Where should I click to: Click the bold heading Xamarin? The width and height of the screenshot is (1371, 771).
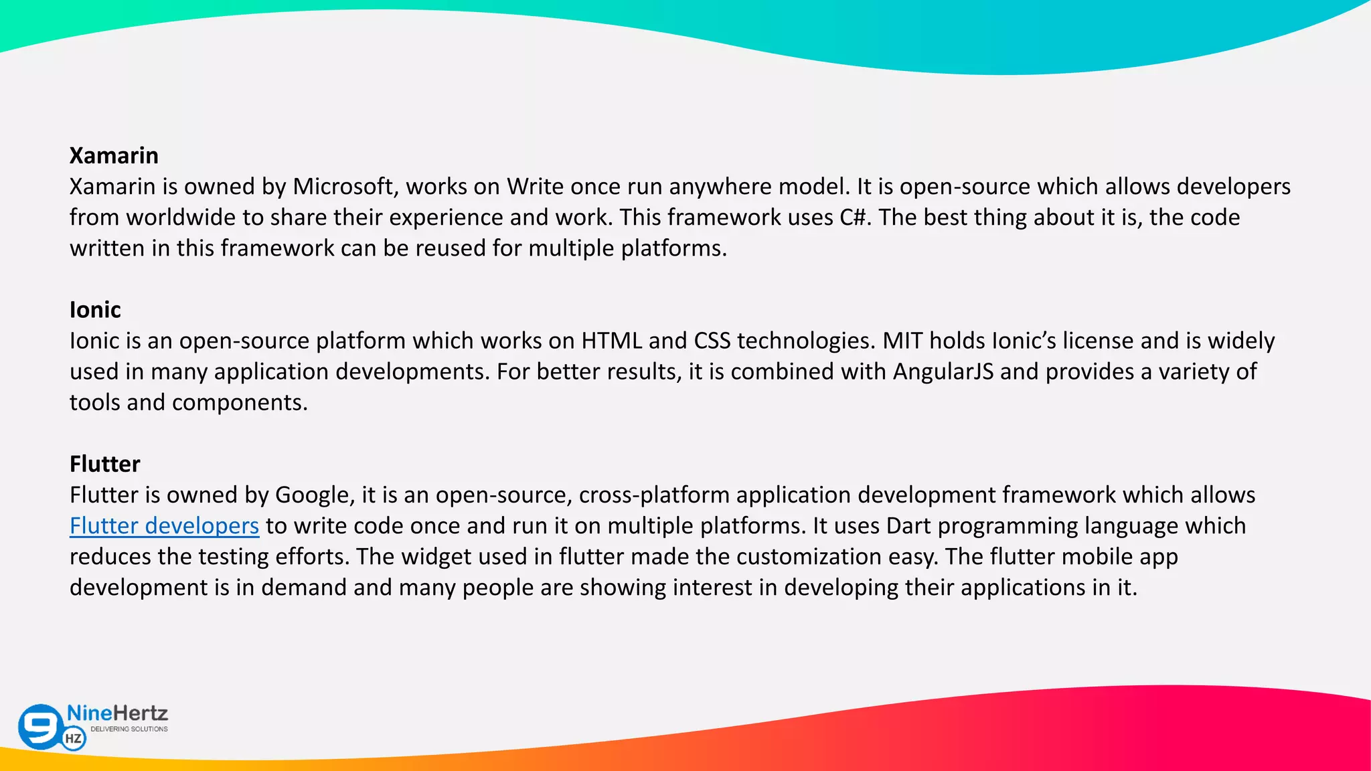[114, 155]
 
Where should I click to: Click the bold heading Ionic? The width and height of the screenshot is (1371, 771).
[95, 310]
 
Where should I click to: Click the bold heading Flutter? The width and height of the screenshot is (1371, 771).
[104, 464]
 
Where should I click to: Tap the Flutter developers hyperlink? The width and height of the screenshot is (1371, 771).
[164, 526]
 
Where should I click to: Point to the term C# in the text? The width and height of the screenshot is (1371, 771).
[855, 218]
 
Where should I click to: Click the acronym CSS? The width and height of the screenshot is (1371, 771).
[712, 341]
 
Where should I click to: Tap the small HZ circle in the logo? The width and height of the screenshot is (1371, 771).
[74, 739]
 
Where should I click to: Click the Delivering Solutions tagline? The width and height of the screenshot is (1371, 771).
[129, 729]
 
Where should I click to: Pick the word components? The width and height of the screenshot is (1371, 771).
[240, 402]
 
